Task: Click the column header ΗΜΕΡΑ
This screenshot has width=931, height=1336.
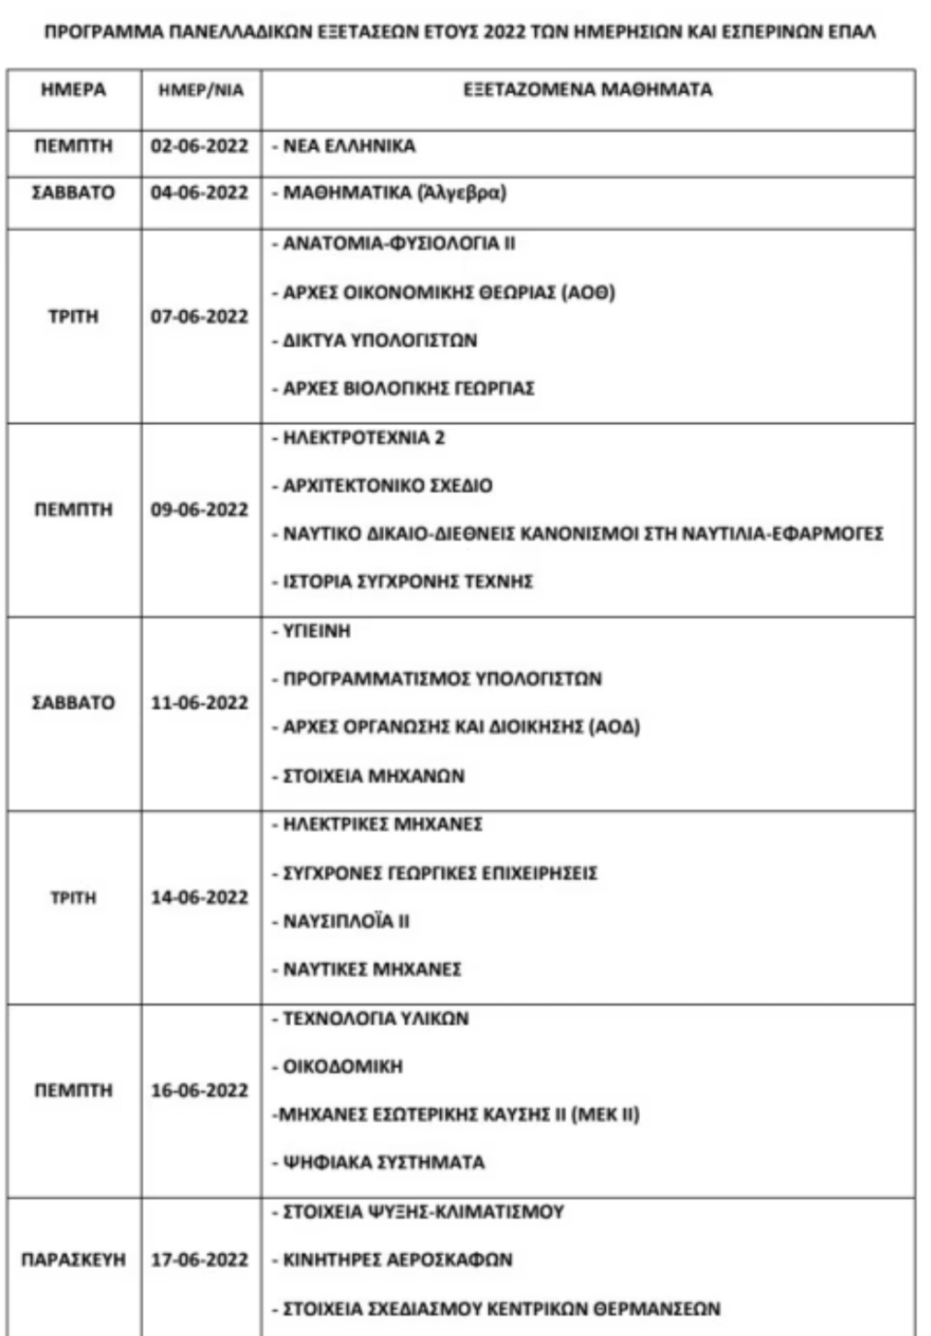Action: pos(74,90)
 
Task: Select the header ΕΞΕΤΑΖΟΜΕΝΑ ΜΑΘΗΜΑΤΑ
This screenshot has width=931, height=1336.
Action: pos(588,90)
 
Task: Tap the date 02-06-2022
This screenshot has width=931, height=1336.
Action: pos(200,146)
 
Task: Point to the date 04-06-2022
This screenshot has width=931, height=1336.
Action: pos(200,193)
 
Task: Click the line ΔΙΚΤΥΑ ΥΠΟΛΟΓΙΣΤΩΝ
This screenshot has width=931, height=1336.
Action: pos(379,340)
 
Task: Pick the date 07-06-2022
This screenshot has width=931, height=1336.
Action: pos(200,317)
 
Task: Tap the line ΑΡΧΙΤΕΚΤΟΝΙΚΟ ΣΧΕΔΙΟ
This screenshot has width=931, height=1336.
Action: pos(387,486)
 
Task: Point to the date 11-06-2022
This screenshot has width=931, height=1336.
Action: pos(200,703)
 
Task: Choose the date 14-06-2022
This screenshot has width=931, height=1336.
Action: pos(200,897)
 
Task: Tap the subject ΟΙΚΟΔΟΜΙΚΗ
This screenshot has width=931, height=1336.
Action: pos(343,1066)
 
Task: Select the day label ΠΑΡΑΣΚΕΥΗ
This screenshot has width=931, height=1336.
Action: pos(74,1260)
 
